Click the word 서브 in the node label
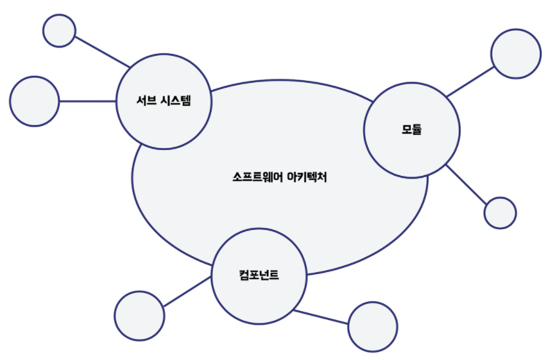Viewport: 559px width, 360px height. click(x=145, y=101)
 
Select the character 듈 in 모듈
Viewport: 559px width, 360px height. click(x=417, y=129)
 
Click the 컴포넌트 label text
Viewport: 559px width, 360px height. click(x=258, y=277)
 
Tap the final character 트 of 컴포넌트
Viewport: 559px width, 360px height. click(x=275, y=277)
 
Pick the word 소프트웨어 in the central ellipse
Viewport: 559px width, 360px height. click(x=252, y=177)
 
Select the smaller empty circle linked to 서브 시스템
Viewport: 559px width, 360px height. click(x=59, y=30)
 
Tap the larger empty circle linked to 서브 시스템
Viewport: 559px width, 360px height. click(x=34, y=101)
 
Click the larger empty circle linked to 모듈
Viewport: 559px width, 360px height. click(x=515, y=53)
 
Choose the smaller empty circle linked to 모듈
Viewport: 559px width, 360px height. click(x=500, y=212)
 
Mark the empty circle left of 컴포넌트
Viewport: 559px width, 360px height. click(x=139, y=316)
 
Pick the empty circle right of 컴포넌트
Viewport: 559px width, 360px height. click(x=372, y=326)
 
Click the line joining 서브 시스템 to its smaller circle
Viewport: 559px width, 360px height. click(x=103, y=51)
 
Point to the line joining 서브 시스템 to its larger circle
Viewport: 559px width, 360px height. click(x=87, y=101)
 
